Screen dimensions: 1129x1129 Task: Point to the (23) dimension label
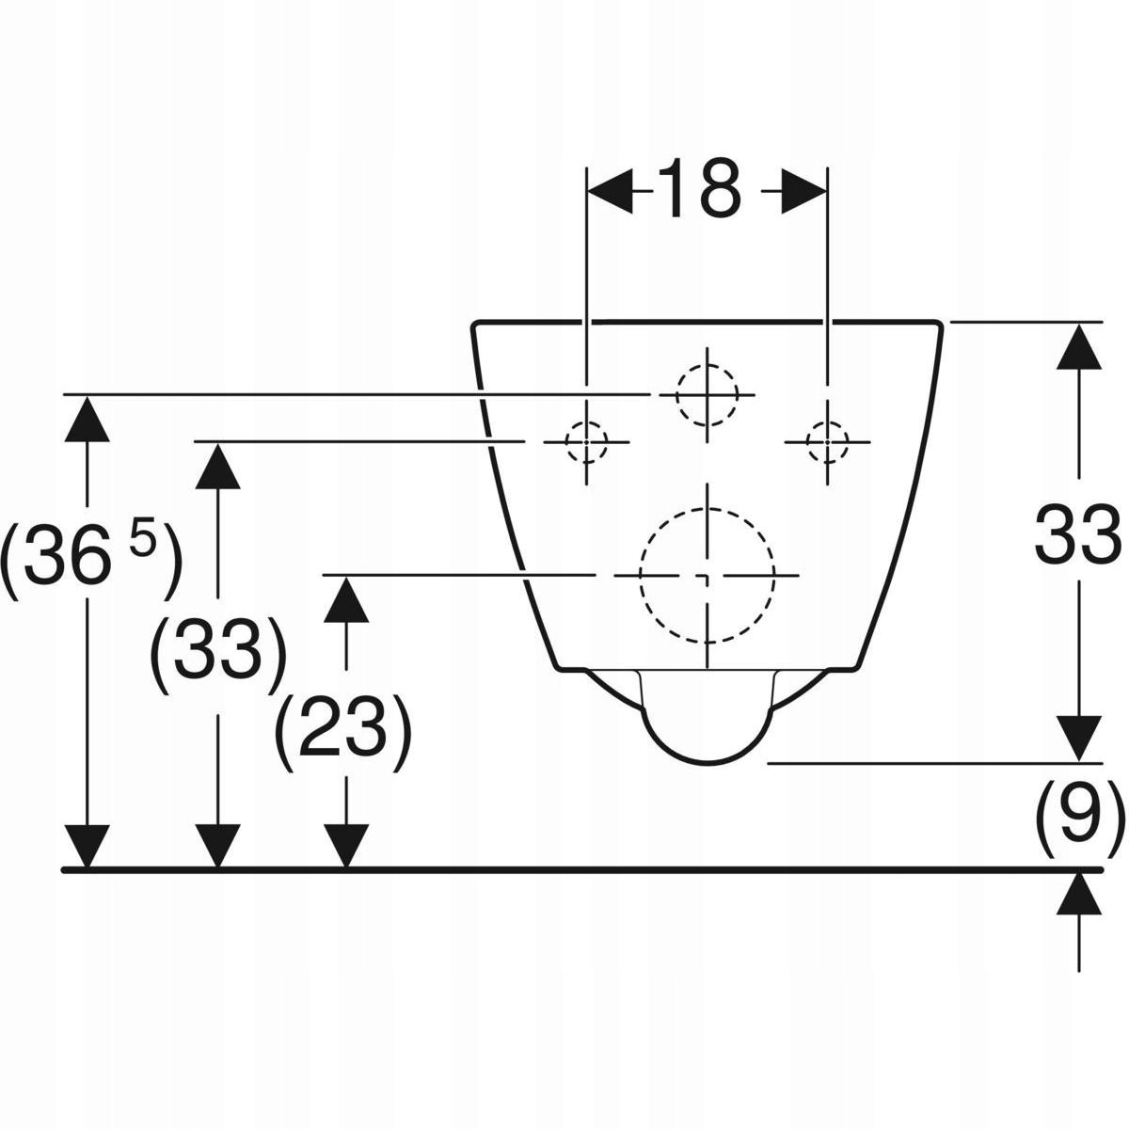343,726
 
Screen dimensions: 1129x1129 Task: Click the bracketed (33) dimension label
218,649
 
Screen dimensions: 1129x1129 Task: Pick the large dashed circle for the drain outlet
708,574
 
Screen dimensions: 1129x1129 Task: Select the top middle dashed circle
707,395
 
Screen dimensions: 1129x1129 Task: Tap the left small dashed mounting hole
587,440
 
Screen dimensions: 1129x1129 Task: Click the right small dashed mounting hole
828,440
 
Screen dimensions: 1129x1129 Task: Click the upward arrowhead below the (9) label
1078,894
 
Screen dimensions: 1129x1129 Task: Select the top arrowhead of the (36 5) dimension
87,419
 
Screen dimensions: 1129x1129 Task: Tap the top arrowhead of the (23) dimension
347,598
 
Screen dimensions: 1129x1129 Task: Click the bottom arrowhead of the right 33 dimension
1078,738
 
